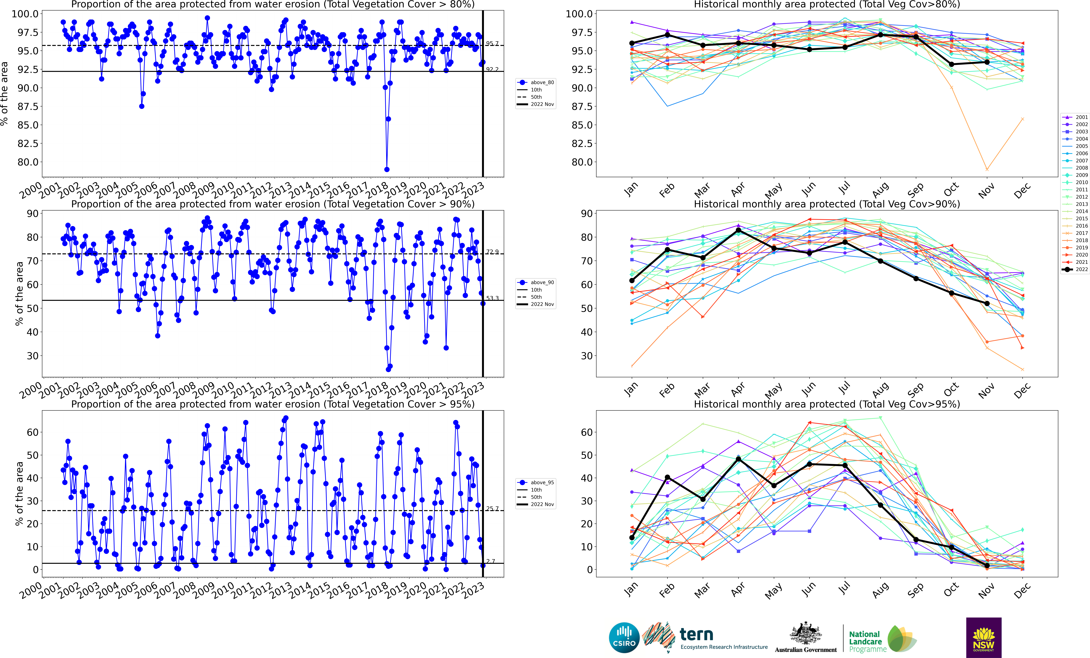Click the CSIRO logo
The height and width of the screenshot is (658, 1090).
(x=624, y=638)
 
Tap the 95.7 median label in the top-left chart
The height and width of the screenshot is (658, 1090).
(x=492, y=43)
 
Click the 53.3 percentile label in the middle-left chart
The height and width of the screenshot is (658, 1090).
(x=492, y=298)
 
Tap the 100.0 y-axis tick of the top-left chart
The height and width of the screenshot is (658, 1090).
(x=25, y=14)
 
